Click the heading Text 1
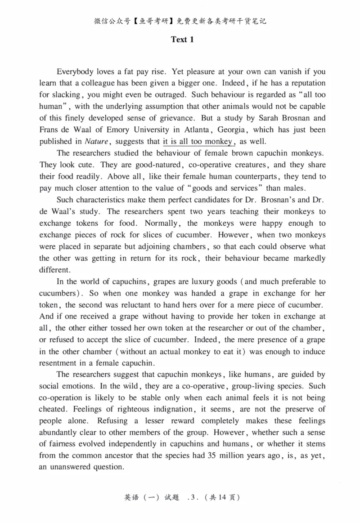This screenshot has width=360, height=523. click(182, 40)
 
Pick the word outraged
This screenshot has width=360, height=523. click(173, 94)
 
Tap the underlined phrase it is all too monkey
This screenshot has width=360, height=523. click(198, 141)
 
